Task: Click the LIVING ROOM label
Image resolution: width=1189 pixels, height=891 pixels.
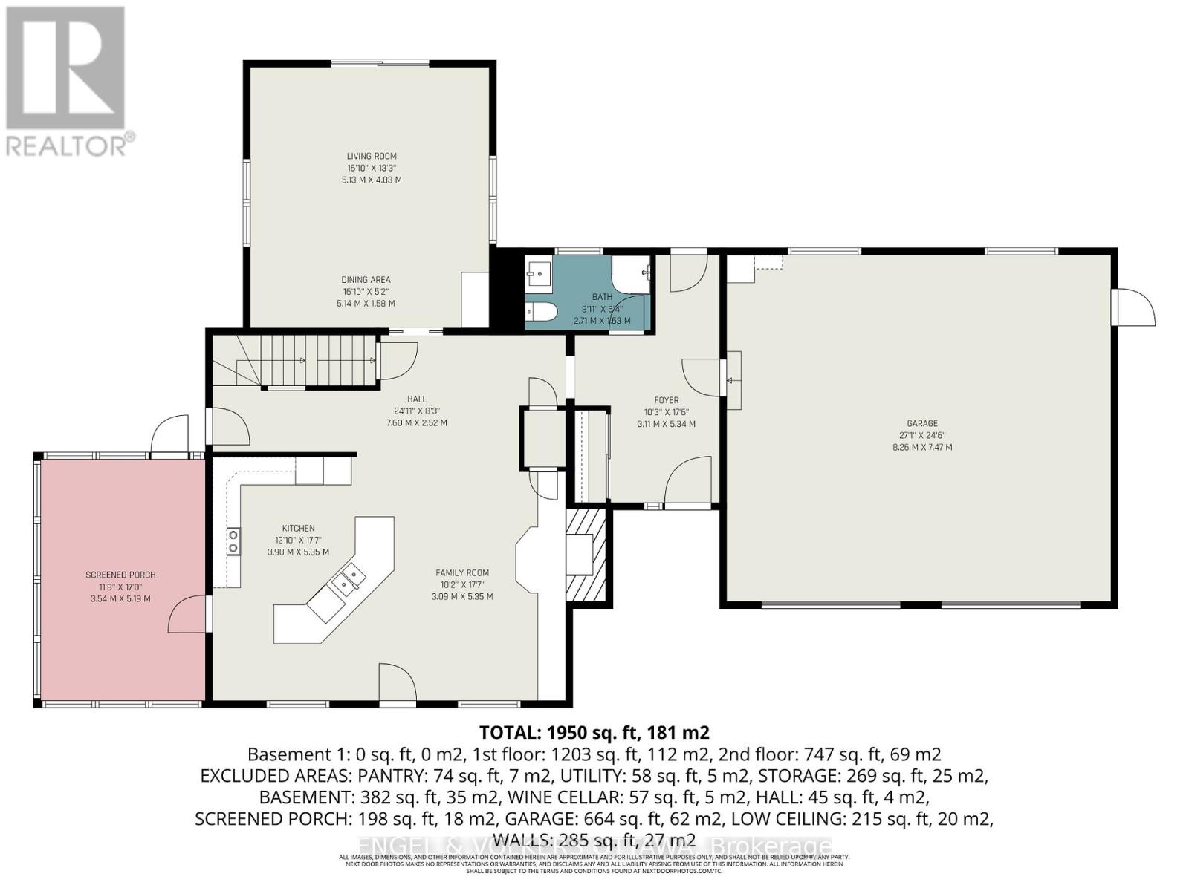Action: (372, 156)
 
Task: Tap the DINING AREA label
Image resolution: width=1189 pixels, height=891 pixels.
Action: (366, 280)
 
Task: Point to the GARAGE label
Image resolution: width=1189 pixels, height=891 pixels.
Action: (921, 423)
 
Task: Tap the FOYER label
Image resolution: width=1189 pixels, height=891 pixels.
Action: (666, 400)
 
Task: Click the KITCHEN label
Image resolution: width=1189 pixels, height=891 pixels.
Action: (298, 529)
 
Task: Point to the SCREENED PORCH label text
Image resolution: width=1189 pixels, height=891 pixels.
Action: (120, 575)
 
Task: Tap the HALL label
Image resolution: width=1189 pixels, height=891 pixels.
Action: (417, 399)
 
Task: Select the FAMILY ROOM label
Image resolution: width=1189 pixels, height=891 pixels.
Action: (462, 572)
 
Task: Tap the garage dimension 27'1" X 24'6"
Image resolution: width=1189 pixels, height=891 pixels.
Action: (921, 436)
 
